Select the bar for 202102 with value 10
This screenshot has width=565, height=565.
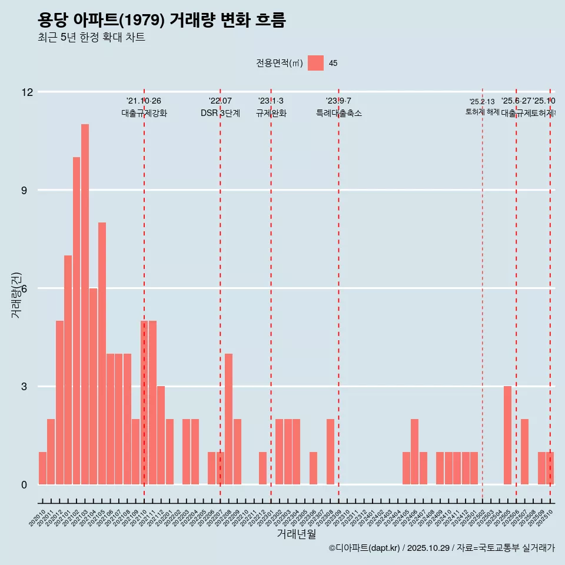click(77, 321)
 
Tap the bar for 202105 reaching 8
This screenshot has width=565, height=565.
click(102, 353)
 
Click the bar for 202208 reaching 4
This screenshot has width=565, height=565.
click(228, 419)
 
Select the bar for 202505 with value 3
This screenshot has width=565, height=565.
click(507, 436)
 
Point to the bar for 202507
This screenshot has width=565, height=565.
click(524, 451)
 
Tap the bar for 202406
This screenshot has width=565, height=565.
click(414, 451)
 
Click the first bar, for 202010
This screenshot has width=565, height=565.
click(42, 468)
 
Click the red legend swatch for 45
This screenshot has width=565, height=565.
click(315, 63)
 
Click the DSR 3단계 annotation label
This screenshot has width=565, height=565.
click(220, 114)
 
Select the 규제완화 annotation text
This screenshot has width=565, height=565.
click(271, 114)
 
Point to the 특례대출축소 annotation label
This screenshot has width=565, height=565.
click(338, 114)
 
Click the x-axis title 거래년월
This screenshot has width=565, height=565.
click(296, 534)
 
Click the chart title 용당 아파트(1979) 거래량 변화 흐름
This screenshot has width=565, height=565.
click(161, 21)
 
